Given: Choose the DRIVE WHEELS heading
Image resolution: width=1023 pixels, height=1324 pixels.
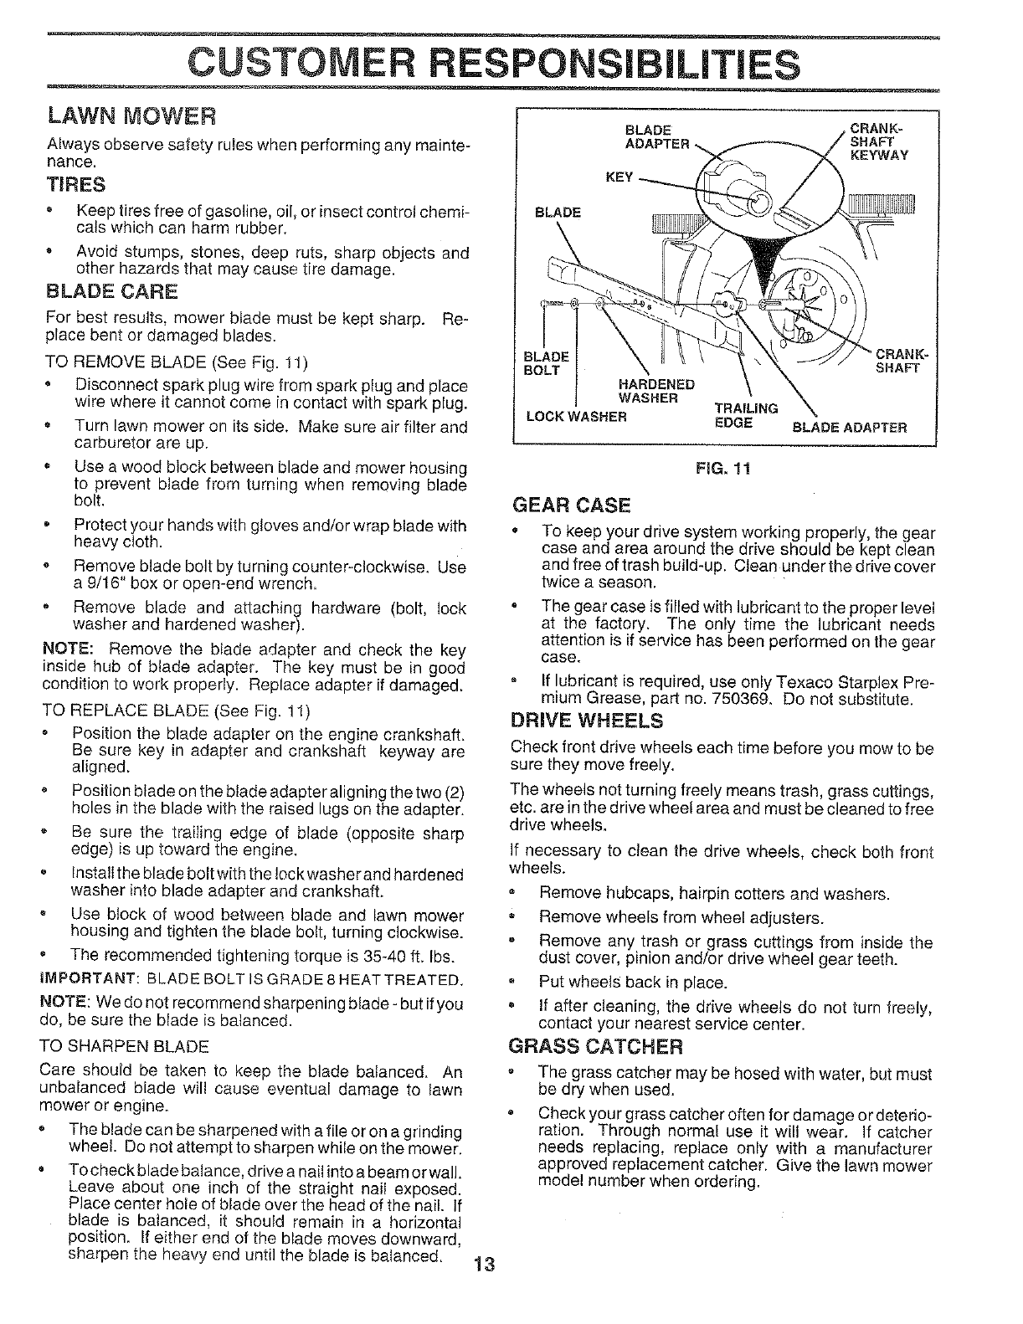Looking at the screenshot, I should pos(587,721).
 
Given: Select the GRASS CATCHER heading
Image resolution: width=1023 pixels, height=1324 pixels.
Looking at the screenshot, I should pos(596,1047).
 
